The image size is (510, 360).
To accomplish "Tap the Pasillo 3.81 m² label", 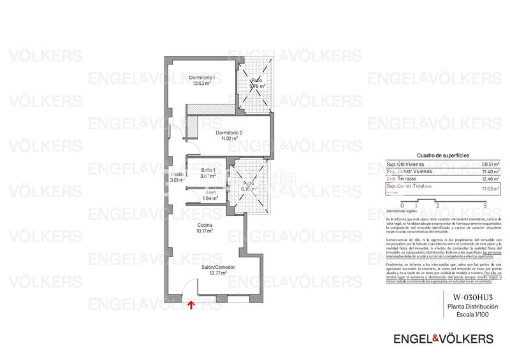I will (x=177, y=177).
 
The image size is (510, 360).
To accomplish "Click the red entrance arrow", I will (x=191, y=305).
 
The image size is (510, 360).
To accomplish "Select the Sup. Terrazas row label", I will (x=402, y=180).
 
